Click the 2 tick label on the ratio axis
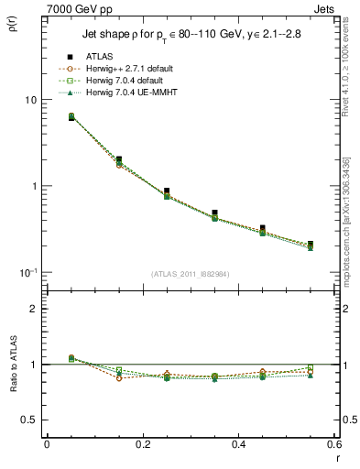tap(33, 309)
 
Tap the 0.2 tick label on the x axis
tap(142, 444)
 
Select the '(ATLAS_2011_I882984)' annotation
tap(190, 274)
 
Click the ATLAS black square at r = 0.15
tap(118, 159)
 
